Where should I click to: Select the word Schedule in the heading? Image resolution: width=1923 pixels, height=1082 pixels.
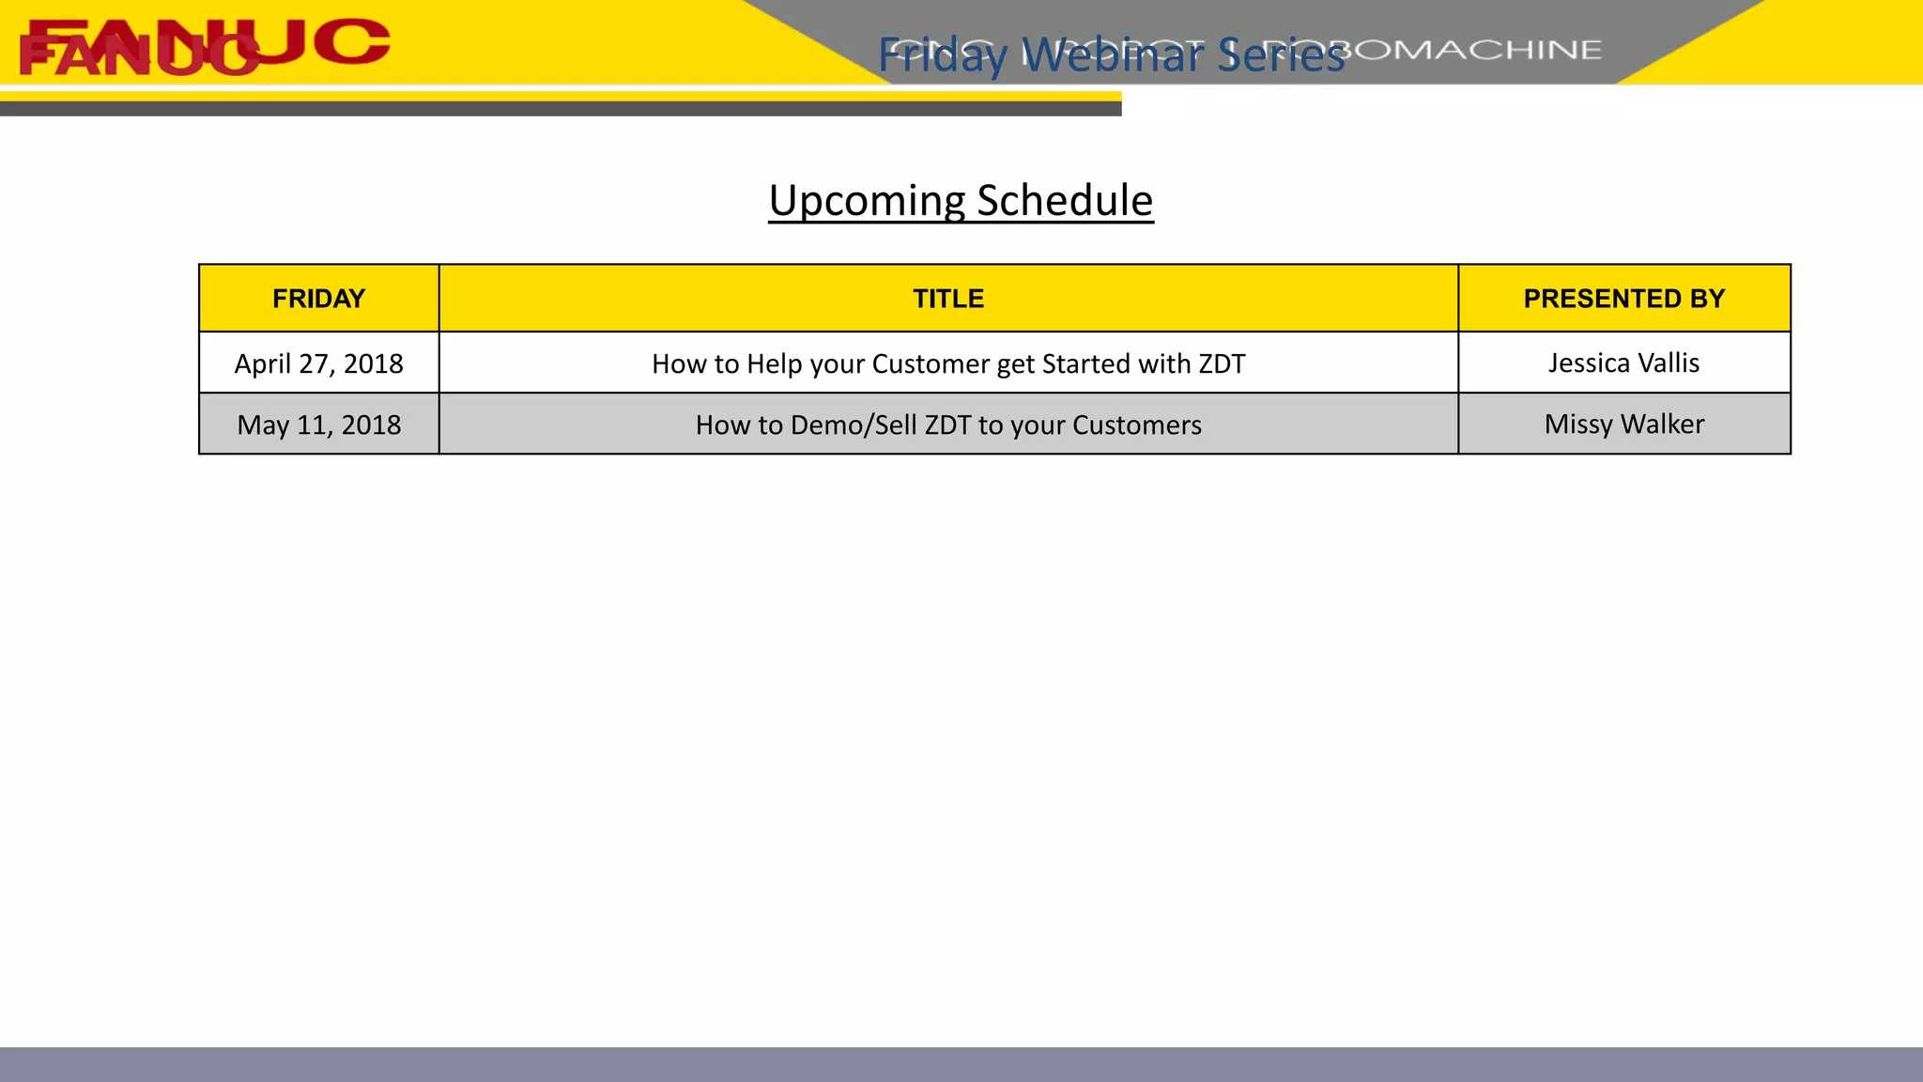[x=1065, y=200]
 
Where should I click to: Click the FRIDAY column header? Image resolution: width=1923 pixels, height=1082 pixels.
[x=318, y=299]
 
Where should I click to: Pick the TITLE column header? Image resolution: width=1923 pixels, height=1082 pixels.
[x=948, y=299]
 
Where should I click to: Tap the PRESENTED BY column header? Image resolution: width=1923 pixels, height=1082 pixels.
[x=1623, y=299]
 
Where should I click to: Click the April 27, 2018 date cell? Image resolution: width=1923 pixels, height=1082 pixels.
[x=318, y=363]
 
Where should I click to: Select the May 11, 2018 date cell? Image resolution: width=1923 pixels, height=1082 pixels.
[x=318, y=425]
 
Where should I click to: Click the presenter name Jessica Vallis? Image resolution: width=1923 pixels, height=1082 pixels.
[x=1623, y=363]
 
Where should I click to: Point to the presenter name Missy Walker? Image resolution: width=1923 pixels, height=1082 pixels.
[x=1623, y=424]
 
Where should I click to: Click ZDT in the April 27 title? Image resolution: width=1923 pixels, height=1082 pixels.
[x=1221, y=363]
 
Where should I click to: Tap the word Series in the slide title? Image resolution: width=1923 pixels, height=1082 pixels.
[x=1282, y=54]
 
